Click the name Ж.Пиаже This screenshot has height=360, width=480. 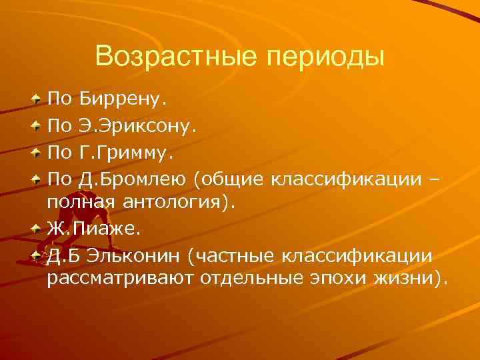[x=89, y=227]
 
